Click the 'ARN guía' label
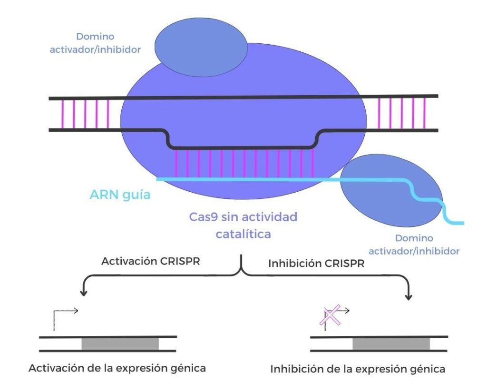tap(120, 195)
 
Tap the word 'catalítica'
tap(243, 234)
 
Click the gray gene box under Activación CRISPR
tap(120, 343)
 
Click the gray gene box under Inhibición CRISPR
tap(391, 343)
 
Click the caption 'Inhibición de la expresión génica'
tap(358, 369)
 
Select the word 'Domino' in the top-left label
tap(96, 37)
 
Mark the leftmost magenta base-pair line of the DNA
tap(62, 114)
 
